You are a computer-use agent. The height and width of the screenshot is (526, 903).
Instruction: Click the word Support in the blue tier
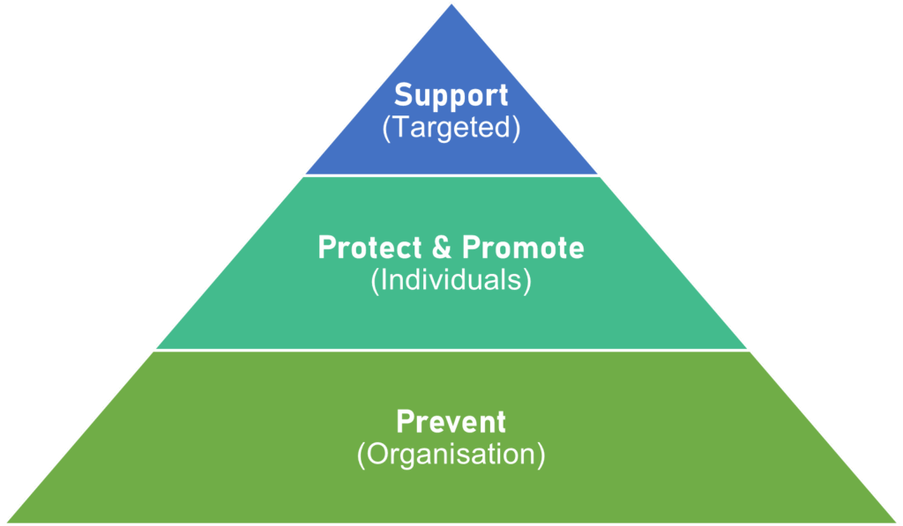[451, 95]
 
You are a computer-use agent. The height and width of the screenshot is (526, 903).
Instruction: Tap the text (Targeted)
[451, 127]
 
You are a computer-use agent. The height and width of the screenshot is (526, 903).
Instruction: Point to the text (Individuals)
[451, 280]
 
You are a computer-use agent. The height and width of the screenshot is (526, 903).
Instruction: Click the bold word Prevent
[451, 421]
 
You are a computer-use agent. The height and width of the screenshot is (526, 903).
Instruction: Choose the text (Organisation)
[451, 454]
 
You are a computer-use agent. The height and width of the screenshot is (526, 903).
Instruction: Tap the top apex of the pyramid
[451, 6]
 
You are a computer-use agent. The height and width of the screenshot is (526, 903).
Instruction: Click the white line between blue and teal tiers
[451, 175]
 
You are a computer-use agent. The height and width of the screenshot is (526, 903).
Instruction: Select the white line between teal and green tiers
[451, 351]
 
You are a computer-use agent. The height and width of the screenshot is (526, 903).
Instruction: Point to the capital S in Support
[403, 95]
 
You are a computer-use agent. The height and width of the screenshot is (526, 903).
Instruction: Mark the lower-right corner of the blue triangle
[595, 173]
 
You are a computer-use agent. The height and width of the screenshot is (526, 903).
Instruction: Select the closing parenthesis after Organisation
[541, 455]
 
